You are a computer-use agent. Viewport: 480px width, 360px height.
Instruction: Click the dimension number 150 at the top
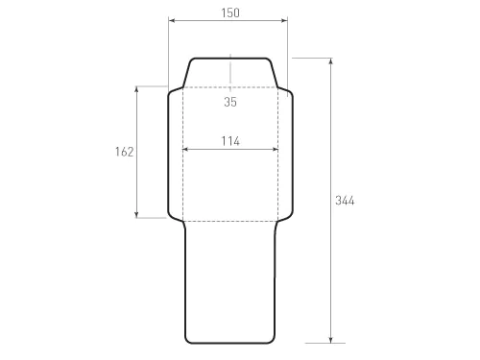[x=228, y=12]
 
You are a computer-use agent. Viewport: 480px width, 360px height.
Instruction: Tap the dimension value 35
[x=230, y=102]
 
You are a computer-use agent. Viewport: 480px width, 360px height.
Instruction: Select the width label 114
[x=229, y=140]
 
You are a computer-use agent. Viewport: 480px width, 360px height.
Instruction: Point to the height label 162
[x=123, y=152]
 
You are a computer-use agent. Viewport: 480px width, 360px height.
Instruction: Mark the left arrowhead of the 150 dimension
[x=171, y=20]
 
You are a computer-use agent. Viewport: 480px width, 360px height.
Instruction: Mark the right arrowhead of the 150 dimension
[x=285, y=20]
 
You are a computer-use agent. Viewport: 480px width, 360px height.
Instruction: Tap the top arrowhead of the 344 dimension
[x=330, y=60]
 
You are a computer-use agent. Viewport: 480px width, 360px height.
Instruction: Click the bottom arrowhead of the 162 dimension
[x=137, y=215]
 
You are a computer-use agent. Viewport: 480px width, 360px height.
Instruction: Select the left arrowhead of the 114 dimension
[x=184, y=149]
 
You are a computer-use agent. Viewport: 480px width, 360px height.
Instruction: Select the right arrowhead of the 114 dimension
[x=276, y=149]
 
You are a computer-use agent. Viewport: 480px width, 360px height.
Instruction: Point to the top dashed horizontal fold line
[x=230, y=87]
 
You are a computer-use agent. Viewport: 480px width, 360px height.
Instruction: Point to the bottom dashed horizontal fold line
[x=230, y=222]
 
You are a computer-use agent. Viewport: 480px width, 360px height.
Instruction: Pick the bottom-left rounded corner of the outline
[x=188, y=339]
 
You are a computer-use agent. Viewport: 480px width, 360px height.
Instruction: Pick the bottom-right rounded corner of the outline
[x=273, y=339]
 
